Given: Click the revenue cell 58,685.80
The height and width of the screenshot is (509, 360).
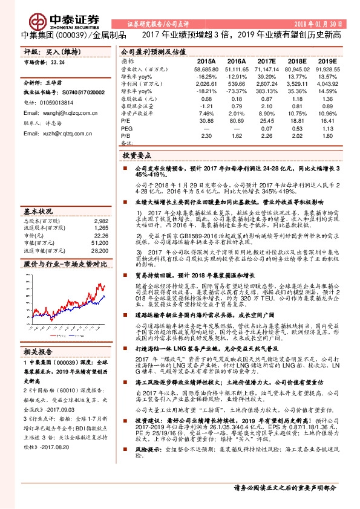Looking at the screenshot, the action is pyautogui.click(x=203, y=70).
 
